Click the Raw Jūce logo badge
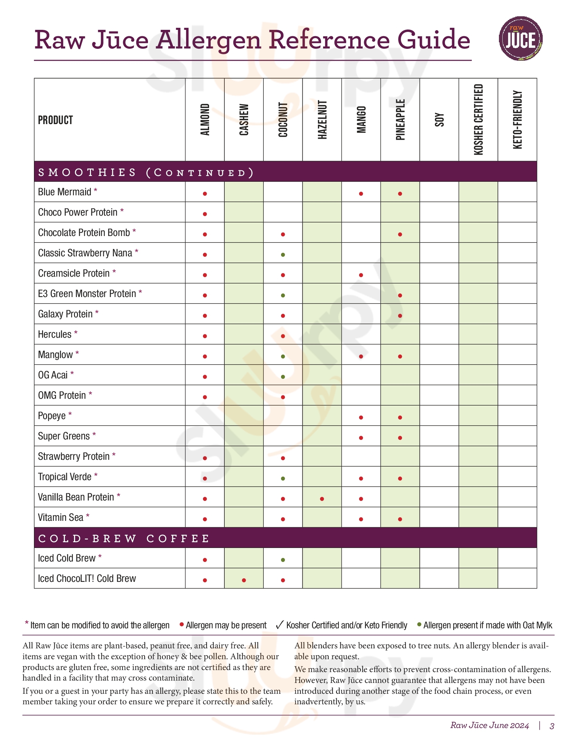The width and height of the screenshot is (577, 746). click(x=520, y=39)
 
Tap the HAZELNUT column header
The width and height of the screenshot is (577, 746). click(x=322, y=120)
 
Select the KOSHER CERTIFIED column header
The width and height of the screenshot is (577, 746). click(x=478, y=120)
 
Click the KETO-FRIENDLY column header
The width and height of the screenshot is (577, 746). click(x=517, y=120)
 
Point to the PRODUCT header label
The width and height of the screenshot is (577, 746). click(x=55, y=120)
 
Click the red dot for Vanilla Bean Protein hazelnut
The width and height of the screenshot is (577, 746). click(x=322, y=499)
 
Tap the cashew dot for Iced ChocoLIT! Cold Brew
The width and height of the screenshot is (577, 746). click(x=244, y=580)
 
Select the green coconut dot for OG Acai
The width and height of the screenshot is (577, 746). click(x=283, y=377)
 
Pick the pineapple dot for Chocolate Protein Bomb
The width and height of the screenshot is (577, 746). click(x=400, y=234)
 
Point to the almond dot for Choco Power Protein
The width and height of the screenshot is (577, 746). click(x=205, y=214)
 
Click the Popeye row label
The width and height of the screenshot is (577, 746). click(x=52, y=416)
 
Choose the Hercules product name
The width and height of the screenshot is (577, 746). click(x=55, y=334)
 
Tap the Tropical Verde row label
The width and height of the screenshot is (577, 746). click(x=64, y=477)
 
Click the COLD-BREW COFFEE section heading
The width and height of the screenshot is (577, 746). click(x=124, y=539)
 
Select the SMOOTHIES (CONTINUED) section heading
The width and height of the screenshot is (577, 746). click(x=146, y=173)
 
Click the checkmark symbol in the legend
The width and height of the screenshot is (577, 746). click(x=279, y=625)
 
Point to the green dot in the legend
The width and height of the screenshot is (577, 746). click(x=419, y=624)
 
